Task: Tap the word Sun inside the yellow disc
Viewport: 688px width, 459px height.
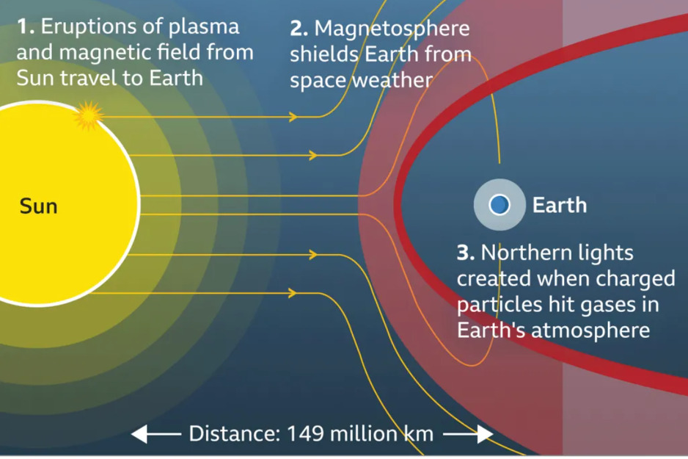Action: coord(38,206)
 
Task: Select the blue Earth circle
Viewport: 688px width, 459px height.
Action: coord(499,204)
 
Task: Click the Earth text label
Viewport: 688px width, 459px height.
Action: coord(559,205)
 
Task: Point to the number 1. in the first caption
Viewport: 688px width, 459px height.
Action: coord(25,27)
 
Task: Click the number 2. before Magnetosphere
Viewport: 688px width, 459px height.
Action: coord(299,29)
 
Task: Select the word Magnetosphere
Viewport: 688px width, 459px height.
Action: coord(392,29)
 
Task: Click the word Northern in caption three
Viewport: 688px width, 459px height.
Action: coord(523,253)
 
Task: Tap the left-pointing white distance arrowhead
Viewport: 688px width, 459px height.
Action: coord(139,435)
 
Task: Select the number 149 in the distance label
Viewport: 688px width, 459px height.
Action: coord(305,434)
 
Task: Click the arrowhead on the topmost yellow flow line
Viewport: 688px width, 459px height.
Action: coord(293,117)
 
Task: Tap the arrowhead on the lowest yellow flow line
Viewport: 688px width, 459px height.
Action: coord(292,294)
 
